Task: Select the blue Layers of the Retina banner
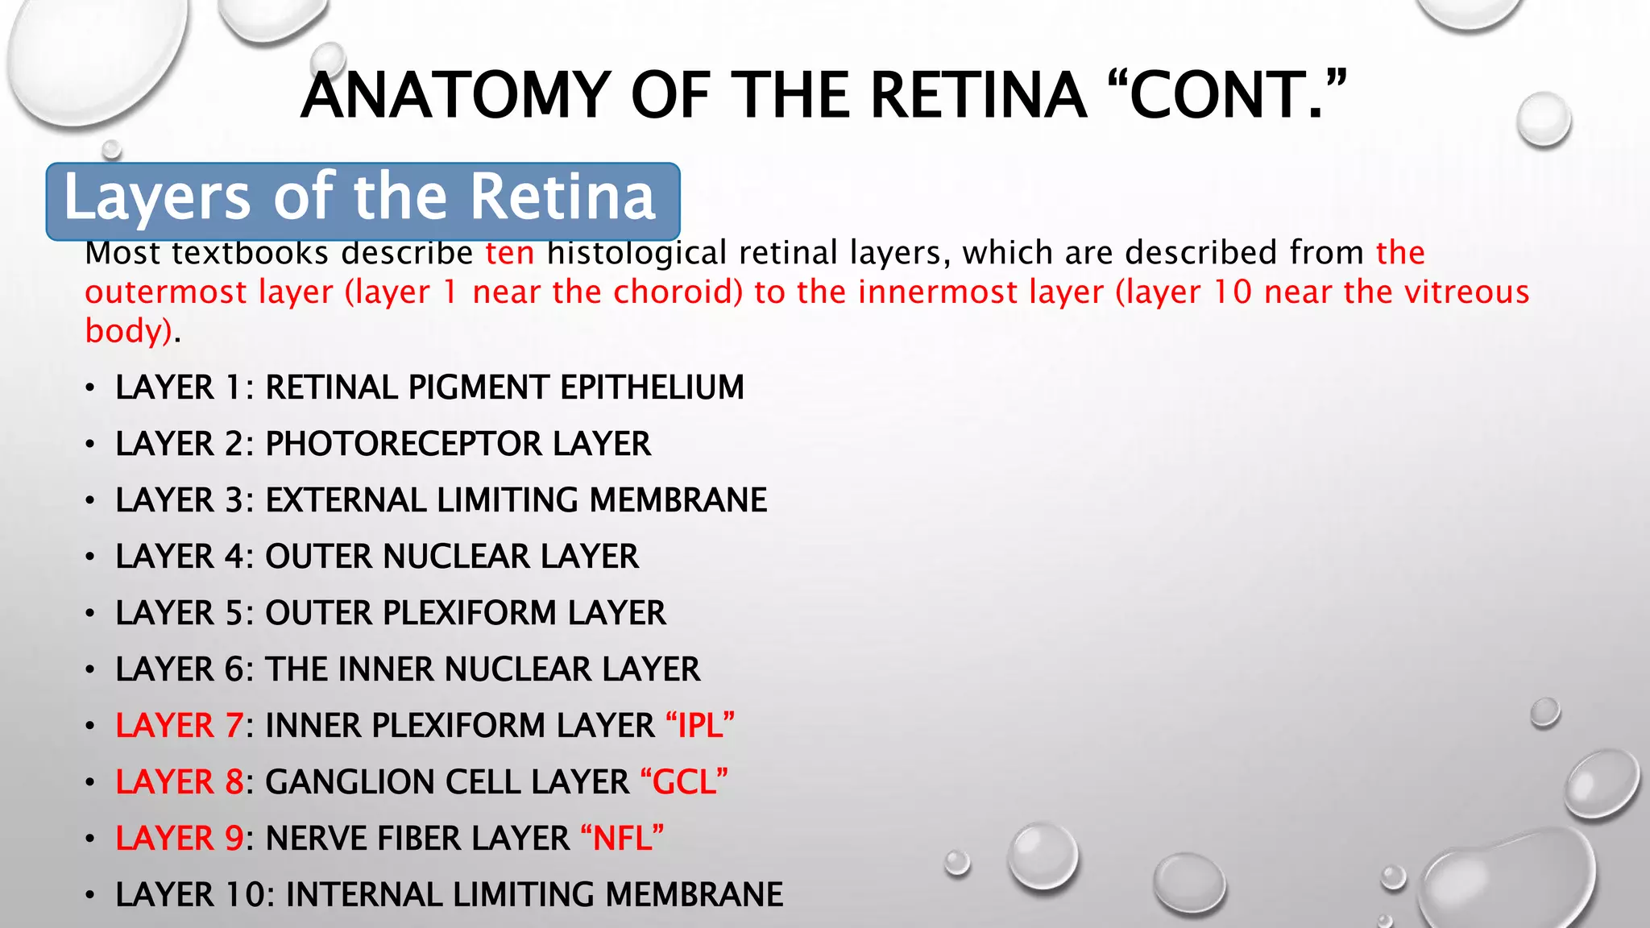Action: click(x=363, y=201)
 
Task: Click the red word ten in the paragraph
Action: click(x=510, y=253)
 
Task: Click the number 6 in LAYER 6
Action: click(x=234, y=669)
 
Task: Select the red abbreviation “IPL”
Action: click(x=700, y=726)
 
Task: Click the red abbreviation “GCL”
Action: click(x=684, y=782)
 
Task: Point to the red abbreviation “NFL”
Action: click(x=622, y=839)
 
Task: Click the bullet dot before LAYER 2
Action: click(x=91, y=445)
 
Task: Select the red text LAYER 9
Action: click(x=179, y=839)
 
